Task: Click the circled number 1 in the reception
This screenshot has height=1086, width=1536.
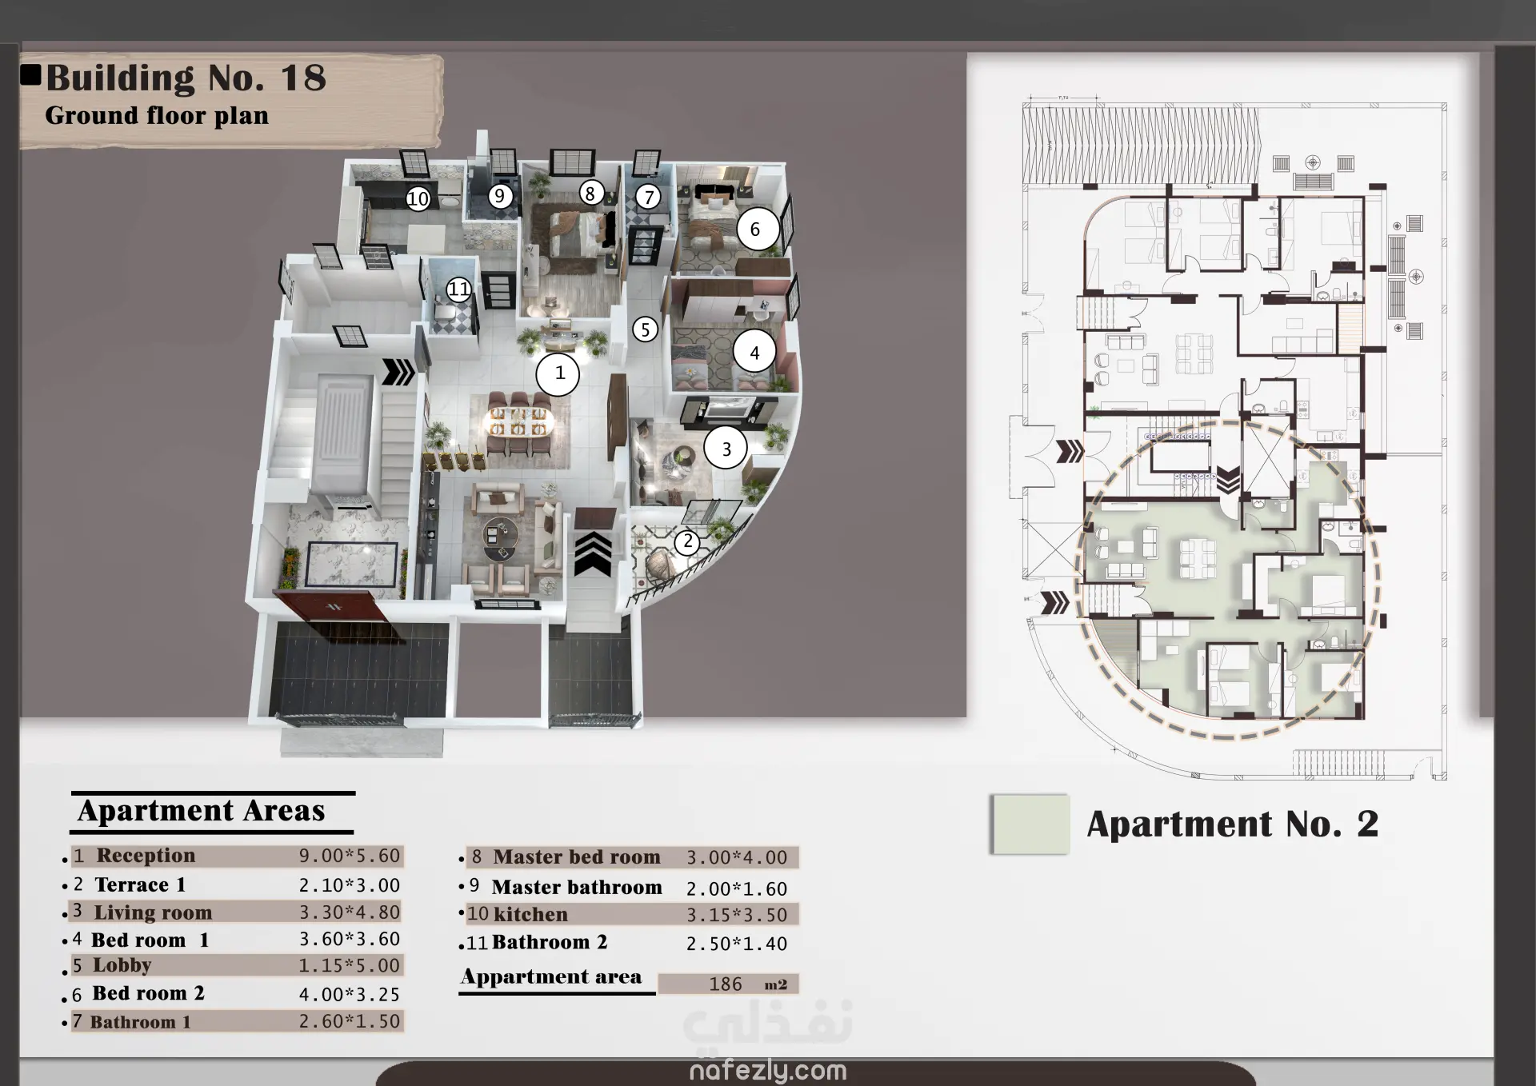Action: [558, 373]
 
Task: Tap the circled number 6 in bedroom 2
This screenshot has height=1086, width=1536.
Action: [756, 230]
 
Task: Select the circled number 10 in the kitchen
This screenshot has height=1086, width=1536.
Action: [418, 198]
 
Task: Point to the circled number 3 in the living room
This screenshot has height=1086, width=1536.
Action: [726, 449]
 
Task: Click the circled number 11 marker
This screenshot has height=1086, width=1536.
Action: [458, 289]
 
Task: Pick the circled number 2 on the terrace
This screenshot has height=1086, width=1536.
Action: [687, 542]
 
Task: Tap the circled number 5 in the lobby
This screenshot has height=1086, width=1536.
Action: [645, 329]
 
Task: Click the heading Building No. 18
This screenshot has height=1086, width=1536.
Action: [186, 78]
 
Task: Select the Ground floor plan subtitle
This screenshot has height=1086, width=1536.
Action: [157, 116]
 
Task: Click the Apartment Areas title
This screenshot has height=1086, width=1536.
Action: [202, 811]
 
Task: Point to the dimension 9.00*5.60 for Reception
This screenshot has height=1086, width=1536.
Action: [350, 856]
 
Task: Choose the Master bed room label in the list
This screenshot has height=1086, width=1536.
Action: [577, 857]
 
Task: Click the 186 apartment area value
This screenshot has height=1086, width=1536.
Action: [726, 984]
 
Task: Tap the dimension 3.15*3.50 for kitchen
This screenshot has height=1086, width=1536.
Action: [737, 915]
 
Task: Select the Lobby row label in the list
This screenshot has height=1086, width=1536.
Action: [122, 965]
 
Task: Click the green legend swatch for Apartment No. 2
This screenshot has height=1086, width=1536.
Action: [1030, 824]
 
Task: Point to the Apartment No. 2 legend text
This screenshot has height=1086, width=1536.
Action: [1233, 824]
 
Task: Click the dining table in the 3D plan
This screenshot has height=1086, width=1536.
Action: [518, 422]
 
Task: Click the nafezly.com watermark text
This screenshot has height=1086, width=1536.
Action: [768, 1070]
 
